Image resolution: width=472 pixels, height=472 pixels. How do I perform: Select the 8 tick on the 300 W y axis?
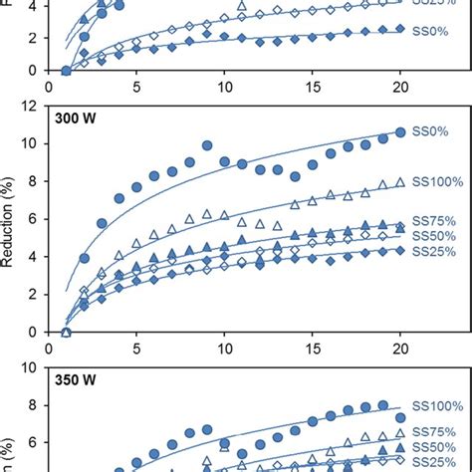pos(37,180)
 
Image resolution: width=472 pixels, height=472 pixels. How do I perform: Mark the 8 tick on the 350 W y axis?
pos(37,405)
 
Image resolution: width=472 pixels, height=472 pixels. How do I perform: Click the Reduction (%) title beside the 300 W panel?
pos(11,218)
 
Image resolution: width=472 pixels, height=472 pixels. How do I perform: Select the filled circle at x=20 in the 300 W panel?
pos(400,131)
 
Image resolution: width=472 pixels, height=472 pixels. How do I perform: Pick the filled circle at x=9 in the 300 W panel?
pos(207,145)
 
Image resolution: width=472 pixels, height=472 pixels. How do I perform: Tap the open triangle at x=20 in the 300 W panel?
pos(400,182)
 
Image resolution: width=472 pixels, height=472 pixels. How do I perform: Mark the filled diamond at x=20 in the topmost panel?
pos(400,29)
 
